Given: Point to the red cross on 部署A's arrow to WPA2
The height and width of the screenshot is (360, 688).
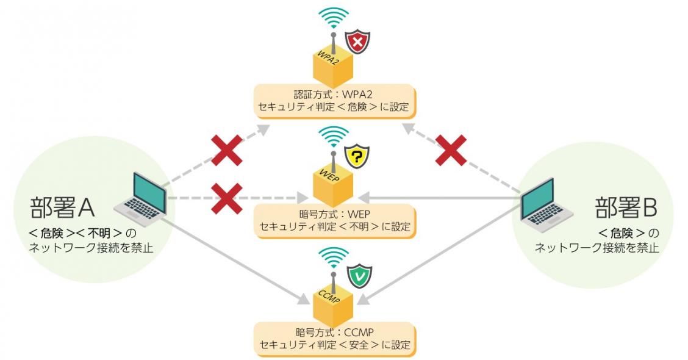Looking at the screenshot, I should pyautogui.click(x=226, y=150).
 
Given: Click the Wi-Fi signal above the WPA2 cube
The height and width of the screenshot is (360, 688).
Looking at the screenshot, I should pyautogui.click(x=335, y=18).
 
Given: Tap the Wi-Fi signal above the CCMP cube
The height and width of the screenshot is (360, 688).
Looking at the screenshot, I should pyautogui.click(x=335, y=257).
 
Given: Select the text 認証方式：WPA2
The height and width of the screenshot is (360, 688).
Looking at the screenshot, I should pyautogui.click(x=334, y=95).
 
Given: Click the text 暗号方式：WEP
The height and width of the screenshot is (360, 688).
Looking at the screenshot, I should pyautogui.click(x=334, y=214).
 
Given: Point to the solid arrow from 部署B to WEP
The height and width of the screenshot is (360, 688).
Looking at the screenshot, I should pyautogui.click(x=439, y=198).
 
